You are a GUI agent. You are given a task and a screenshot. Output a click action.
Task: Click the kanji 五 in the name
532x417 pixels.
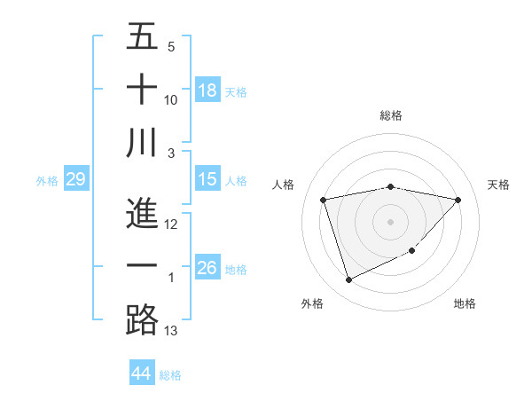(142, 37)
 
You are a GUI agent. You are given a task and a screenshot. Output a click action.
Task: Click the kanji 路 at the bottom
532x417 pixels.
(142, 319)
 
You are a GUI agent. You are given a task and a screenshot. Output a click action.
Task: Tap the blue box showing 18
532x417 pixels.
(207, 90)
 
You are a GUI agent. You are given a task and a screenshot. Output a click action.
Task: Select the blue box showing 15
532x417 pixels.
(207, 179)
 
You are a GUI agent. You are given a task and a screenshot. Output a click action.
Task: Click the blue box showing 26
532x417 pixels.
(207, 268)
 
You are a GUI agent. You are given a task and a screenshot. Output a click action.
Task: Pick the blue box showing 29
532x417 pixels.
(75, 179)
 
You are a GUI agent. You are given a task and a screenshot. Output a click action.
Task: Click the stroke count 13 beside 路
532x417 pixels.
(171, 331)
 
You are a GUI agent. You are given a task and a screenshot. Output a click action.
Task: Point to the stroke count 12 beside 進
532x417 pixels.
(171, 225)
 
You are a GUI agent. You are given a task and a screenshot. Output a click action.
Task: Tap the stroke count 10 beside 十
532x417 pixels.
(171, 100)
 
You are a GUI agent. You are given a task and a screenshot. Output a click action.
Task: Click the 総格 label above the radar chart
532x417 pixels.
(390, 115)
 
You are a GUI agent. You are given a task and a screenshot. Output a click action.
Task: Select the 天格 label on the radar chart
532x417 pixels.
(498, 185)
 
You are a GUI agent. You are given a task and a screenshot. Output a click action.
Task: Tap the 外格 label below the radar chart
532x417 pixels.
(312, 303)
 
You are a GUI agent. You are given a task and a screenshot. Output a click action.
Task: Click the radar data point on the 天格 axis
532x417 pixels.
(458, 201)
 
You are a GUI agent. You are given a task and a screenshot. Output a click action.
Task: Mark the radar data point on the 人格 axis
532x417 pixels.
(324, 201)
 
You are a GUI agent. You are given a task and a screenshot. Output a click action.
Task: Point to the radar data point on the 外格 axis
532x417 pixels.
(348, 280)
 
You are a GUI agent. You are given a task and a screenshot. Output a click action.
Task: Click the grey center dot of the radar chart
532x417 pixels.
(390, 222)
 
